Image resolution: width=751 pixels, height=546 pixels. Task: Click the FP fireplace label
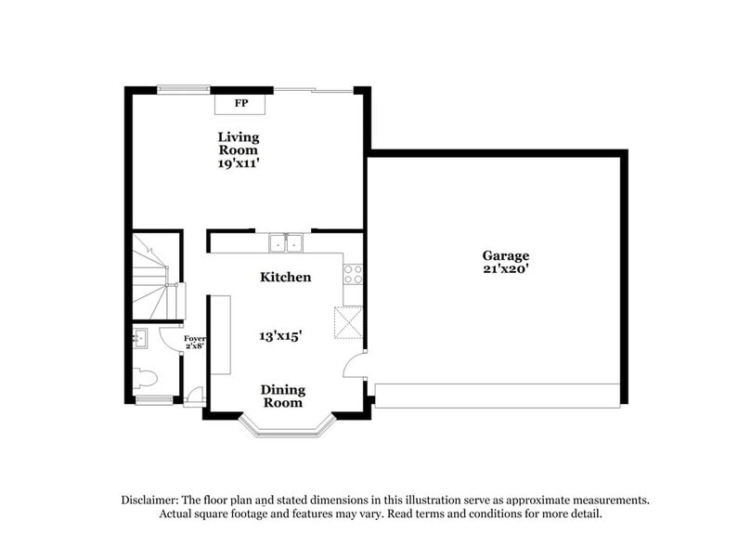[x=240, y=103]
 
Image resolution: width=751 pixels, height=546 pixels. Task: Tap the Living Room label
[x=239, y=144]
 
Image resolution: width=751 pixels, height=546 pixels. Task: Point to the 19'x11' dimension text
[x=239, y=163]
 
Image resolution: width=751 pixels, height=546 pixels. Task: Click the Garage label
[x=505, y=255]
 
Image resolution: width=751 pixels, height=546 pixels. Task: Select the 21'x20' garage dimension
[x=505, y=270]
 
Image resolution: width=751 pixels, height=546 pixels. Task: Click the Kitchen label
[x=285, y=277]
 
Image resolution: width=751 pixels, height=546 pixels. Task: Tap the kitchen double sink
[x=287, y=243]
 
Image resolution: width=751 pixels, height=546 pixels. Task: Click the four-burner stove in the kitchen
[x=353, y=273]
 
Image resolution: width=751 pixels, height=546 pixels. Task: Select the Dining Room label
[x=282, y=396]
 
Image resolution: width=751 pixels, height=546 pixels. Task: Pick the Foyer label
[x=194, y=342]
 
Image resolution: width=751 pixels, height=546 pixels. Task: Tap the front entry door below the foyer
[x=193, y=399]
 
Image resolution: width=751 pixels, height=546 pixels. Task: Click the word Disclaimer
[x=151, y=499]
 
